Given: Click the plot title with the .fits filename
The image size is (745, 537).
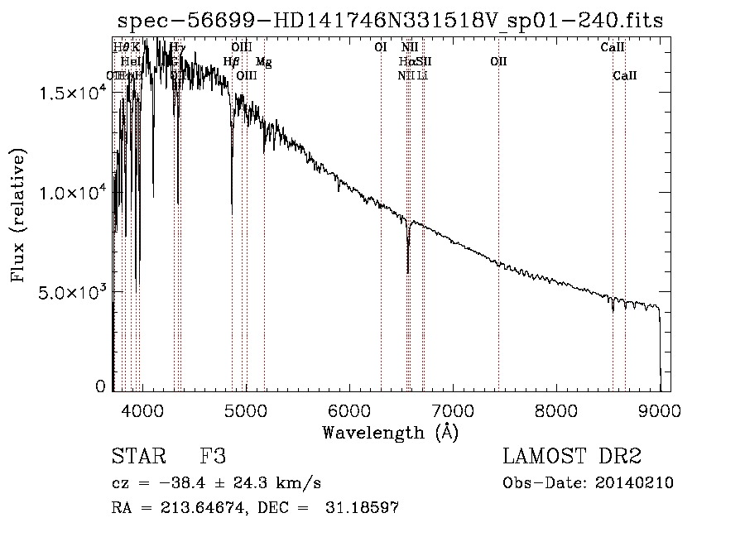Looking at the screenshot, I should click(x=390, y=20).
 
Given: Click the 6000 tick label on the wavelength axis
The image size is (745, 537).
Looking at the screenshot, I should click(x=348, y=409).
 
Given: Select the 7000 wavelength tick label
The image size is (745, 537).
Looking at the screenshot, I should click(x=453, y=409).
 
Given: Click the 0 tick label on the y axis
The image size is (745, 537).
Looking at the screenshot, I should click(x=101, y=386).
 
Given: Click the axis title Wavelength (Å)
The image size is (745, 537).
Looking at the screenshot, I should click(x=390, y=432).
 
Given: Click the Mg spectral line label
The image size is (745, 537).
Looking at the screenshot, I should click(x=263, y=62).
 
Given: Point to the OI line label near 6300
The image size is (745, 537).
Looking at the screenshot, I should click(x=381, y=48).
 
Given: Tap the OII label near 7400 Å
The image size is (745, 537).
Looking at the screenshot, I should click(x=498, y=62).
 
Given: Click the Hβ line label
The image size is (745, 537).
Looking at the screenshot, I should click(x=232, y=62).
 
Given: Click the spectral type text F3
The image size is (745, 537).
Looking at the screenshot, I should click(x=213, y=457).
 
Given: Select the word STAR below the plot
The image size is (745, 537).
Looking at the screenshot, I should click(x=137, y=457).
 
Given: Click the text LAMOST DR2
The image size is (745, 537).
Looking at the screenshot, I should click(x=571, y=457).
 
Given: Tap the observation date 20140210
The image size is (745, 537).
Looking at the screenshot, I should click(x=635, y=483).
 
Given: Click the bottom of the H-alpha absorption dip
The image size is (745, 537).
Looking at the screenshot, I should click(x=407, y=271).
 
